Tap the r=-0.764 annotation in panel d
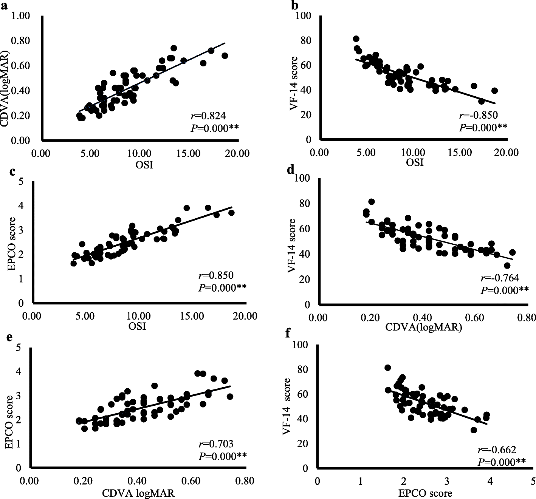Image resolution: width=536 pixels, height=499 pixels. point(500,278)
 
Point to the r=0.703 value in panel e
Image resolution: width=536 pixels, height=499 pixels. point(216,444)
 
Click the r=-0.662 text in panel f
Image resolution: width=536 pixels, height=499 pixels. point(497,450)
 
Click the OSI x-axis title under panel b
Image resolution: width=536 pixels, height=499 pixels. point(415,162)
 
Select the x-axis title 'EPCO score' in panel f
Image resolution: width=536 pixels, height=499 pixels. point(425,493)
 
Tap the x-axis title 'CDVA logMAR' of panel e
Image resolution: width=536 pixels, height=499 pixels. point(138,493)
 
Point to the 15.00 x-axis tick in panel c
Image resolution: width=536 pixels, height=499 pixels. point(192,315)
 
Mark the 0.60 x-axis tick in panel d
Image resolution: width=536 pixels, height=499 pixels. point(474,318)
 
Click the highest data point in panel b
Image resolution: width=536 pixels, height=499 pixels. point(356,39)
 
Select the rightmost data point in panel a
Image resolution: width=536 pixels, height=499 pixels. point(225,56)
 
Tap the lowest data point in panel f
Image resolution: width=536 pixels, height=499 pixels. point(474,430)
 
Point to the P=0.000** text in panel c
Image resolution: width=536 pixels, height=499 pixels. point(222,288)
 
